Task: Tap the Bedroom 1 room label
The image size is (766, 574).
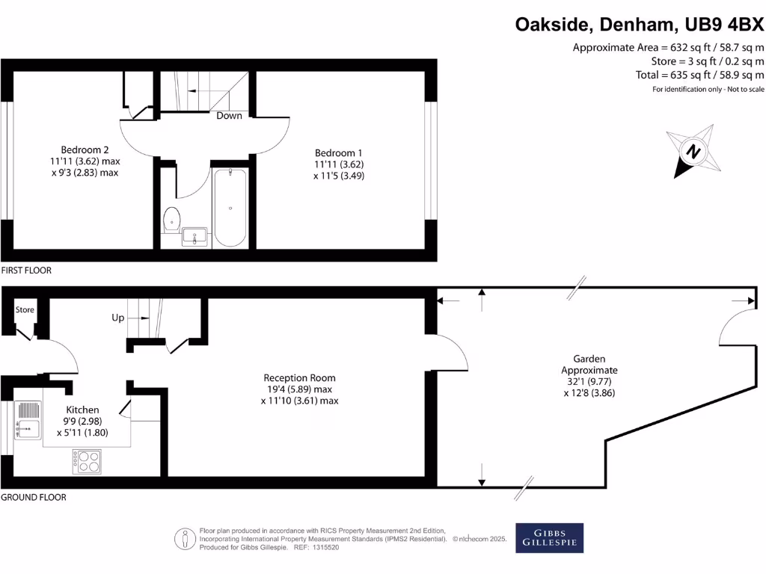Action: (338, 152)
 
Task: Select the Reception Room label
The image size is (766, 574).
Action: (299, 378)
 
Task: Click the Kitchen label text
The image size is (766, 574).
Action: (82, 410)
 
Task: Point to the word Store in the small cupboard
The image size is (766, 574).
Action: (25, 309)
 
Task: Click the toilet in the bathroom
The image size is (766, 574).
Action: (171, 219)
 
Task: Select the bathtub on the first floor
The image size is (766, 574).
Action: (230, 207)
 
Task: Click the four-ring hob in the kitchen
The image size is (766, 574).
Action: (87, 460)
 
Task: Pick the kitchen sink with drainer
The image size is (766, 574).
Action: (28, 420)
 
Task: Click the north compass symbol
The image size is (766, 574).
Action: (693, 152)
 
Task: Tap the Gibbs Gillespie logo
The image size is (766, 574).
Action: (549, 538)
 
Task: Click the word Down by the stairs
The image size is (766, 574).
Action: (229, 116)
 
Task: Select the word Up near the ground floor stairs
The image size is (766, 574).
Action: (118, 318)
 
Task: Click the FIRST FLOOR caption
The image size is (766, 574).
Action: (26, 271)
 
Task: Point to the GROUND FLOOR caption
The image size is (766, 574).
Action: (34, 497)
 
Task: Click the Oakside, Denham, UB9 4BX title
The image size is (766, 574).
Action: (640, 25)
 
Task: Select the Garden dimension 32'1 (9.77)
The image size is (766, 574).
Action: (589, 381)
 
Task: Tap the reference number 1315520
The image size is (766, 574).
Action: (325, 547)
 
